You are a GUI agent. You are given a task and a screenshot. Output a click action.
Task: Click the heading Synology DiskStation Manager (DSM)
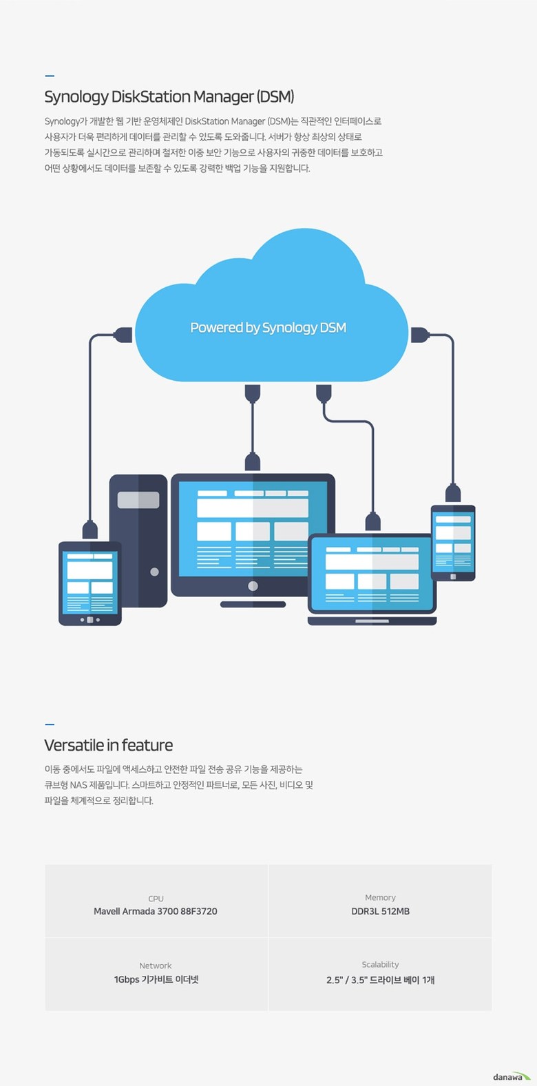pos(169,97)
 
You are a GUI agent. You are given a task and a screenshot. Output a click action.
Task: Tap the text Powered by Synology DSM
pos(268,328)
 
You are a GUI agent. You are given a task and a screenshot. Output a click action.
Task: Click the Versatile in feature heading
pos(109,744)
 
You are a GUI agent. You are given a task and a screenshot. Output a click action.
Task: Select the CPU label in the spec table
pos(156,899)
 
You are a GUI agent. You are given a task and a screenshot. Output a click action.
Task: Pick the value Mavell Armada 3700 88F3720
pos(156,912)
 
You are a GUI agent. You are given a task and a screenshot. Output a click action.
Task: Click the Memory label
pos(380,897)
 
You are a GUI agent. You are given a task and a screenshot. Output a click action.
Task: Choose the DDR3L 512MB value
pos(381,912)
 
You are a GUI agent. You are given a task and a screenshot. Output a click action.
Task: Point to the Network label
pos(156,965)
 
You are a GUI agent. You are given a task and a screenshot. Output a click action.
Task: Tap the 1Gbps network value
pos(156,979)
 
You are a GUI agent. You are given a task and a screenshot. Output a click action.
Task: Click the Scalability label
pos(381,965)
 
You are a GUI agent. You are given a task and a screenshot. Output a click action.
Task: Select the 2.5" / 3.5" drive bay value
pos(381,980)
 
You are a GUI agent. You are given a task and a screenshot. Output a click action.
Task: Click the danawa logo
pos(512,1076)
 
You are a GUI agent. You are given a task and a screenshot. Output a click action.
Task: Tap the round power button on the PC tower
pos(155,572)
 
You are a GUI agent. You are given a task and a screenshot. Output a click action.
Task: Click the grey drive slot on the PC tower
pos(138,500)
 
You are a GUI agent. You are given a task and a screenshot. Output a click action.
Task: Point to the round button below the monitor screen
pos(253,585)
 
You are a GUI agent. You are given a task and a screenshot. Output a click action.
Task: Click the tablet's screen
pos(90,583)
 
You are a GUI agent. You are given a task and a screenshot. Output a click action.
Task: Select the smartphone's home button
pos(453,576)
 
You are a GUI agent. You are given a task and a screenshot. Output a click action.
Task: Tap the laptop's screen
pos(372,574)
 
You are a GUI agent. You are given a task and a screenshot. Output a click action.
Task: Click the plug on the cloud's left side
pos(123,335)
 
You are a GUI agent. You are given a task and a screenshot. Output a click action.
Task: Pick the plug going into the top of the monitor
pos(253,461)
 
